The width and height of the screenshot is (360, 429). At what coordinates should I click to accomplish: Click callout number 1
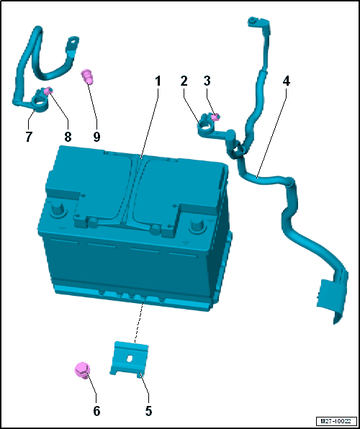point(158,81)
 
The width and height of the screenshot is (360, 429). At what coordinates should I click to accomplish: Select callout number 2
point(184,81)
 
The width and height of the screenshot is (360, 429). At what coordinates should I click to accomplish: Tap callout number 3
point(207,81)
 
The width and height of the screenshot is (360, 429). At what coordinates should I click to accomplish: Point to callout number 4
point(286,81)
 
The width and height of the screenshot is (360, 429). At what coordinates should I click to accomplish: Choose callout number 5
point(148,411)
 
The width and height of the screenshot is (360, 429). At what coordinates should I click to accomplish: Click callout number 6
point(96,411)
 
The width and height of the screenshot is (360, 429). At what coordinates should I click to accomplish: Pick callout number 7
point(29,137)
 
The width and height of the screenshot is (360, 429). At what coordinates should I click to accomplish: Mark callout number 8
point(68,137)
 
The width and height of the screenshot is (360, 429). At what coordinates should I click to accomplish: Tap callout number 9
point(96,137)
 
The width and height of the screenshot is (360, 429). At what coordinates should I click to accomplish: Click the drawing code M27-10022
point(336,420)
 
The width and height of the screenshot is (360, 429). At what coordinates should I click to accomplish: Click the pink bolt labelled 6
point(82,370)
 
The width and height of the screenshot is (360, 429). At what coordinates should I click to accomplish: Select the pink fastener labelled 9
point(86,76)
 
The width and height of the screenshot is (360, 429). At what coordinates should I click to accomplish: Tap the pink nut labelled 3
point(216,117)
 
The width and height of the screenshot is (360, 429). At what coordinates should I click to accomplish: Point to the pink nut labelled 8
point(48,90)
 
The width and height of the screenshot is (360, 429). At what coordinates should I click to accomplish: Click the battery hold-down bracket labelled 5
point(129,359)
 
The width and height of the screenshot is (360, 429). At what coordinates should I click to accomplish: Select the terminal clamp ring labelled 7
point(39,105)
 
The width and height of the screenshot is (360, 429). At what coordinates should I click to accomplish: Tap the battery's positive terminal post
point(198,225)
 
